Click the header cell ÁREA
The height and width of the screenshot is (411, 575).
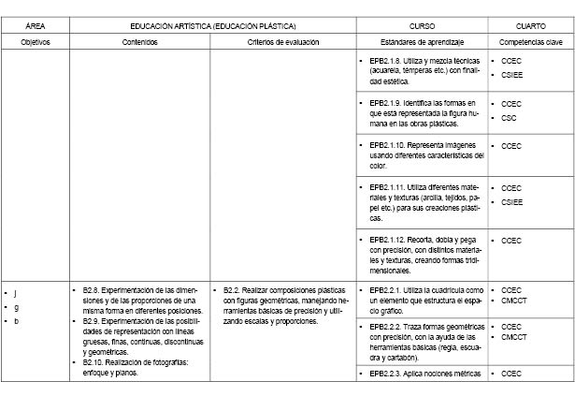[x=36, y=26]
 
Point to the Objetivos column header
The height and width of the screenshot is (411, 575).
[x=36, y=43]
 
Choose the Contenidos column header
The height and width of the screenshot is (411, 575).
[x=139, y=43]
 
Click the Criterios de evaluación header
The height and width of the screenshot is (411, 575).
[x=283, y=43]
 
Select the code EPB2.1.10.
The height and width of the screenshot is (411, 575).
[x=389, y=146]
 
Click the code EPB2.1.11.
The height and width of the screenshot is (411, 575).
[x=389, y=187]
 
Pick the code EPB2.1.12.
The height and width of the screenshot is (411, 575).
[x=389, y=240]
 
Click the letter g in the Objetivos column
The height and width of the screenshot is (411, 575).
[x=15, y=307]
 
